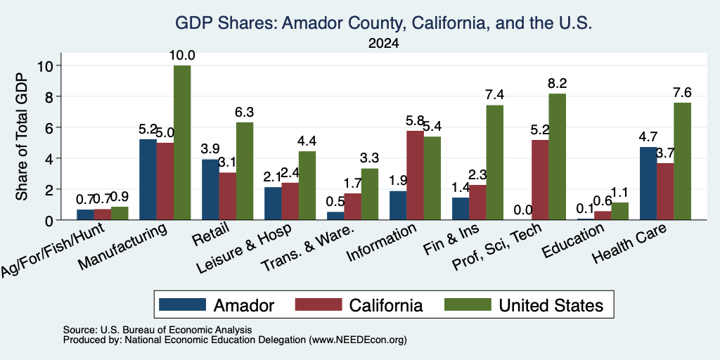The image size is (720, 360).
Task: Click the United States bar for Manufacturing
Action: click(x=182, y=142)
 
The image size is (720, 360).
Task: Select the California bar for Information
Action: click(x=415, y=175)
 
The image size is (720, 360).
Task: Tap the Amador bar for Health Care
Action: click(x=648, y=184)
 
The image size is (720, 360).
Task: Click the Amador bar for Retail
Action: click(x=210, y=190)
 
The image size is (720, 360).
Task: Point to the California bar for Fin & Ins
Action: click(x=477, y=202)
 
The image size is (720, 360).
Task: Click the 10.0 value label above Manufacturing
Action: click(x=182, y=56)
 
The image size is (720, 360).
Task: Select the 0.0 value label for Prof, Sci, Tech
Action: click(x=523, y=210)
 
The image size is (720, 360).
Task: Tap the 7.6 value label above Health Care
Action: click(x=682, y=93)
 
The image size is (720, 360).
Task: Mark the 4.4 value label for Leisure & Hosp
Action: click(x=307, y=141)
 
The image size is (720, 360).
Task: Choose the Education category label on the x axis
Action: click(x=572, y=240)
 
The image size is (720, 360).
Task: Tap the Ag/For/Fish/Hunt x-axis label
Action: click(x=52, y=250)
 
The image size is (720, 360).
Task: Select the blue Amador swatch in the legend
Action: click(x=182, y=305)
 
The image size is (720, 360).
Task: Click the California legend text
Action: click(x=386, y=305)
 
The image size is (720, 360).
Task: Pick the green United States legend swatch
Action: click(x=468, y=305)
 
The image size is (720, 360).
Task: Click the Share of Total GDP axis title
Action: click(x=22, y=136)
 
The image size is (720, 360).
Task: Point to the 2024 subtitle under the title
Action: click(x=383, y=44)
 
